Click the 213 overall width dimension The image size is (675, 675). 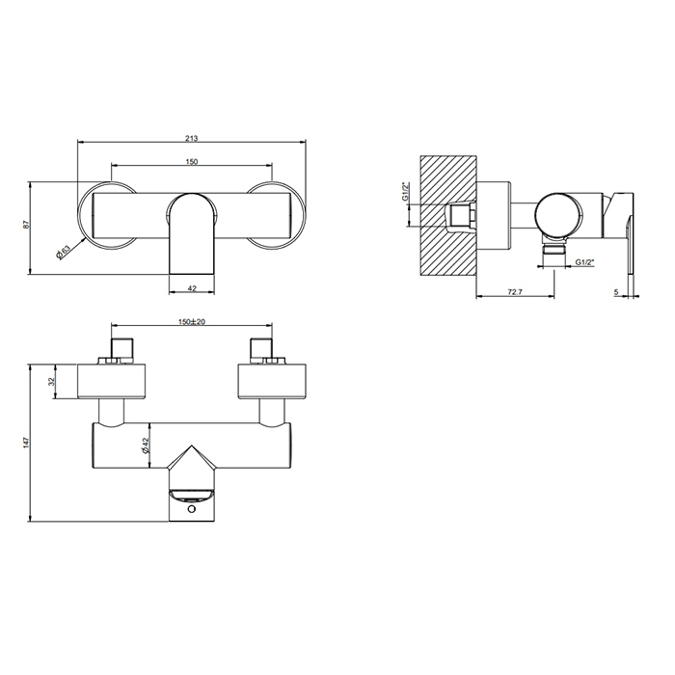click(x=193, y=137)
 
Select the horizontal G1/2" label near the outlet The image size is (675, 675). click(x=585, y=262)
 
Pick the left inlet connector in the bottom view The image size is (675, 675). click(x=121, y=348)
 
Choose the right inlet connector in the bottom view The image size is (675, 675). click(x=261, y=348)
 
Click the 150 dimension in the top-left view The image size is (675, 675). click(x=193, y=161)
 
